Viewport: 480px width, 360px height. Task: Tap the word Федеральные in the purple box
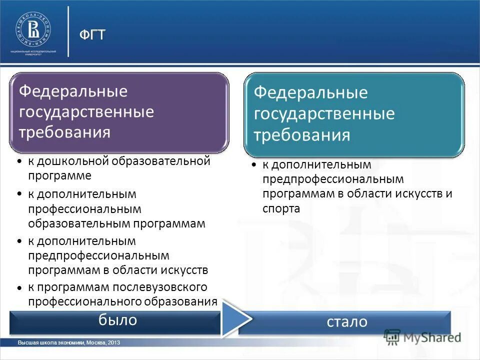point(73,92)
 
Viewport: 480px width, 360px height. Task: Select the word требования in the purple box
point(64,132)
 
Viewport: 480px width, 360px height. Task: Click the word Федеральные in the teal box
point(310,93)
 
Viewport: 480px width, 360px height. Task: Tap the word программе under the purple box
point(59,175)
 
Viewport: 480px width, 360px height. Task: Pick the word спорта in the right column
point(281,209)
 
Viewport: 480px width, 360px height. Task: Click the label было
point(117,320)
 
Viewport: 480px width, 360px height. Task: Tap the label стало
point(347,321)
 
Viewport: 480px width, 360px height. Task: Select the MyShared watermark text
point(431,337)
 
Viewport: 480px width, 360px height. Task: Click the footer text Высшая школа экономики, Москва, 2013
point(69,342)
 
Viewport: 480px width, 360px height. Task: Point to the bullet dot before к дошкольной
point(18,162)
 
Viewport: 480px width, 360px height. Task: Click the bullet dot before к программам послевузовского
point(18,288)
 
